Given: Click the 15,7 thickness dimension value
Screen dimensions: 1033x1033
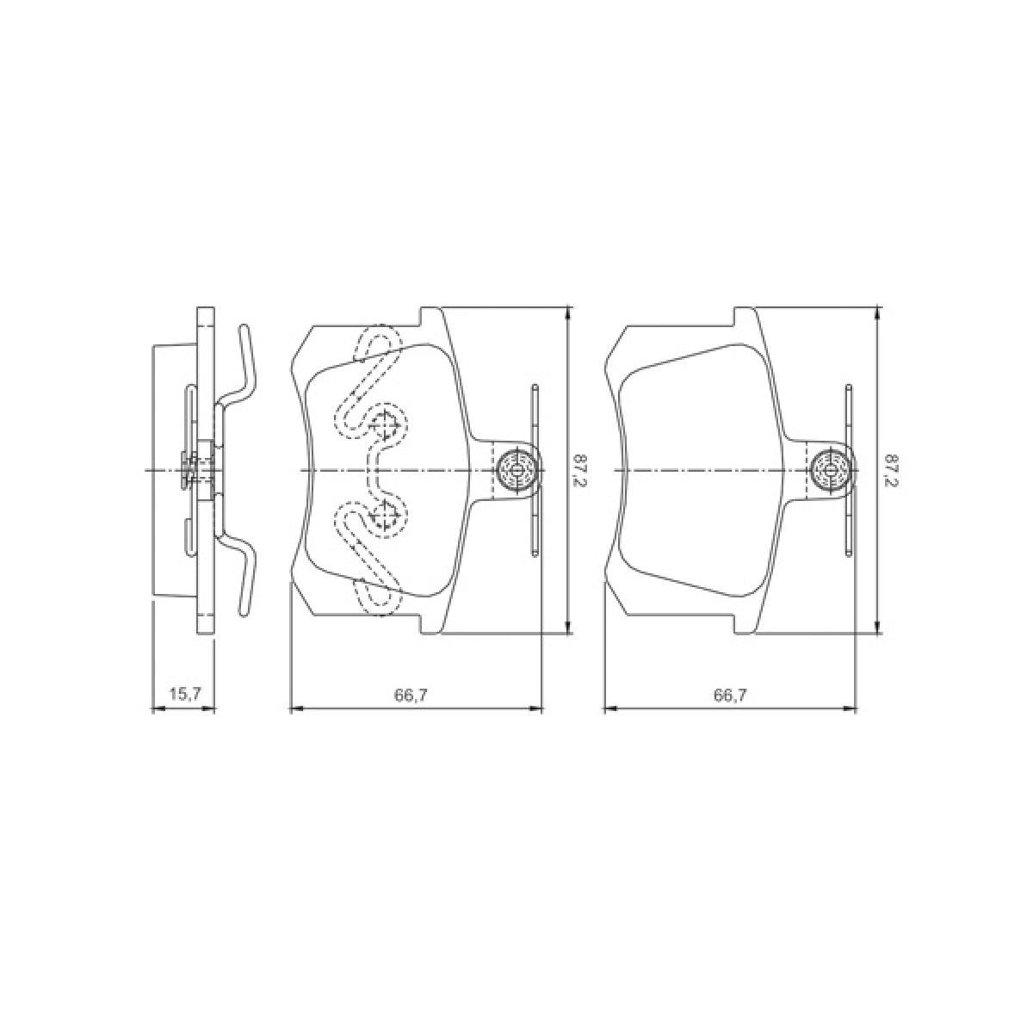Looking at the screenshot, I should pyautogui.click(x=182, y=693).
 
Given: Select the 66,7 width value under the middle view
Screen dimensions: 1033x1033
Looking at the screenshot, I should pyautogui.click(x=417, y=696).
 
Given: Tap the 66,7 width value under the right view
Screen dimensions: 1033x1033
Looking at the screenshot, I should pyautogui.click(x=730, y=696).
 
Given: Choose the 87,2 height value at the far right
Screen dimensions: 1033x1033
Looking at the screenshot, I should pyautogui.click(x=889, y=471).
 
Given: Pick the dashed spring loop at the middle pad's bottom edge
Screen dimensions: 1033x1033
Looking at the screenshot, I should pyautogui.click(x=379, y=599).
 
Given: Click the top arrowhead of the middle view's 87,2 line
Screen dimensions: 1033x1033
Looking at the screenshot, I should pyautogui.click(x=567, y=312).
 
